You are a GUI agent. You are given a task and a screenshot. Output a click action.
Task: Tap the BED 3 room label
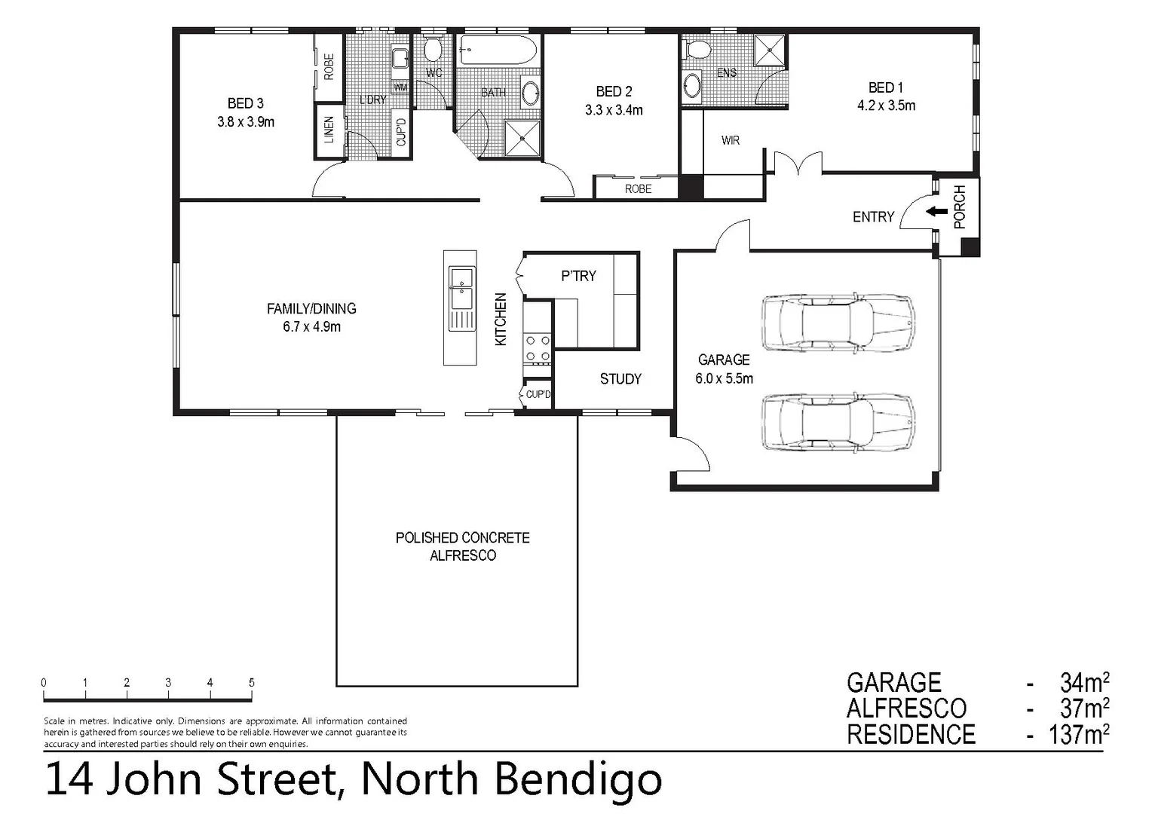click(x=246, y=103)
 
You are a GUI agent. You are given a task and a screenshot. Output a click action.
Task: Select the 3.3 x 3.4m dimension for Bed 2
click(x=614, y=110)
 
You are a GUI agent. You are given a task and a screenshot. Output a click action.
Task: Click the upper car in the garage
click(x=838, y=323)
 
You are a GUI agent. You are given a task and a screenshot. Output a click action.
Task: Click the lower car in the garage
click(x=838, y=423)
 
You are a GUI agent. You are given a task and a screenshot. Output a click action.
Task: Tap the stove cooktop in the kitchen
click(x=538, y=347)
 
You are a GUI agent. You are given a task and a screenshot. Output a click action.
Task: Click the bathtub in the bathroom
click(x=498, y=54)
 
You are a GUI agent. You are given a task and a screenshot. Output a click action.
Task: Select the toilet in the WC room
click(x=433, y=50)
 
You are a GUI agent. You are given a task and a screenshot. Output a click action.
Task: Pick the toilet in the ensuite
click(x=698, y=50)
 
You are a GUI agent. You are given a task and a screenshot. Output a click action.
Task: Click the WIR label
click(x=730, y=141)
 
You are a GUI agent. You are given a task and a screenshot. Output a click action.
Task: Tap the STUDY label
click(x=620, y=379)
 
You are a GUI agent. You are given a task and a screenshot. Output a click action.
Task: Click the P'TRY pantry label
click(x=578, y=277)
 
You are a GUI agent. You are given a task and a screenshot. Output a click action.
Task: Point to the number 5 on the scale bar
click(x=251, y=682)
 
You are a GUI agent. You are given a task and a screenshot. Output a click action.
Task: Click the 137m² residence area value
click(x=1078, y=734)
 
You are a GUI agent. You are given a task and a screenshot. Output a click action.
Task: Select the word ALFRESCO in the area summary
click(x=906, y=708)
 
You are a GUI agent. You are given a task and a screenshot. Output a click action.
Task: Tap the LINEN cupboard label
click(x=329, y=130)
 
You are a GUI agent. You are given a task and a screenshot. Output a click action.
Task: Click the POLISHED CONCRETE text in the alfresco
click(x=462, y=538)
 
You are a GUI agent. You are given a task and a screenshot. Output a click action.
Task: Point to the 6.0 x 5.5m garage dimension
click(x=724, y=379)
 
